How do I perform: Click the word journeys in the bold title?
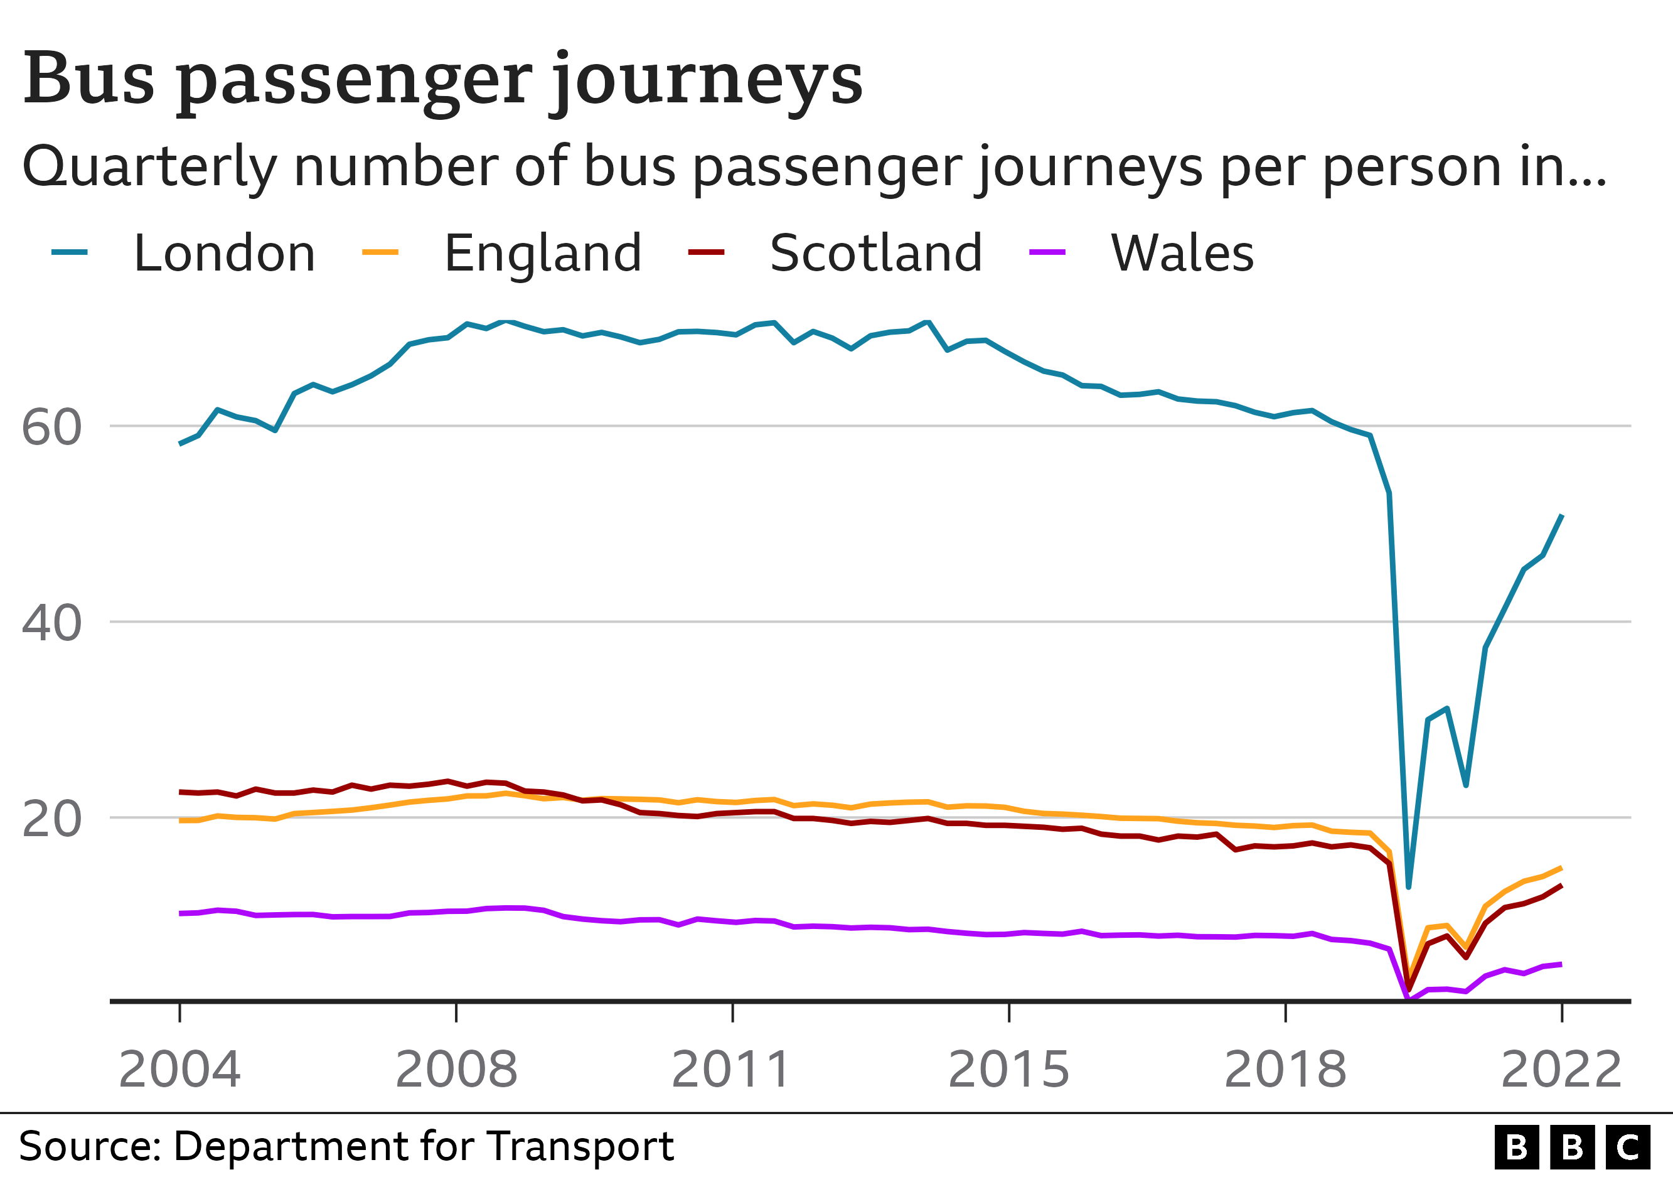[706, 82]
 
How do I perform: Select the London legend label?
[225, 253]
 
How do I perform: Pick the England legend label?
[543, 253]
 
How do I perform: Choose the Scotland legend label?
[876, 253]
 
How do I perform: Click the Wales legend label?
[1182, 253]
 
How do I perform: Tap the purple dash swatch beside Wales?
[1047, 252]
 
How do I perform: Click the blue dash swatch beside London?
[69, 252]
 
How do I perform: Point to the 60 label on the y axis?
[51, 428]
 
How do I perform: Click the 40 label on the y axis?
[51, 624]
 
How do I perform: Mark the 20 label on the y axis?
[51, 820]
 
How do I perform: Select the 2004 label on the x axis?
[179, 1070]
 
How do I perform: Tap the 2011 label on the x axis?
[731, 1070]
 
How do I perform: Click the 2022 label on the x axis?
[1561, 1070]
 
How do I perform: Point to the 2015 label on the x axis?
[1008, 1070]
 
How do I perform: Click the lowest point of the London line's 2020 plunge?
[1409, 887]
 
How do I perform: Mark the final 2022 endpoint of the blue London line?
[1561, 515]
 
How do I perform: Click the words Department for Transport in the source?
[422, 1146]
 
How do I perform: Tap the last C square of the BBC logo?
[1628, 1147]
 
